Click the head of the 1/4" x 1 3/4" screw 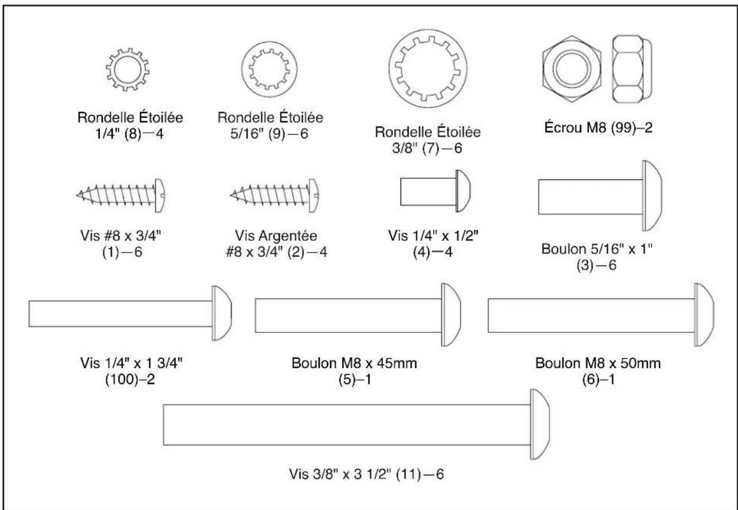click(x=222, y=314)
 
